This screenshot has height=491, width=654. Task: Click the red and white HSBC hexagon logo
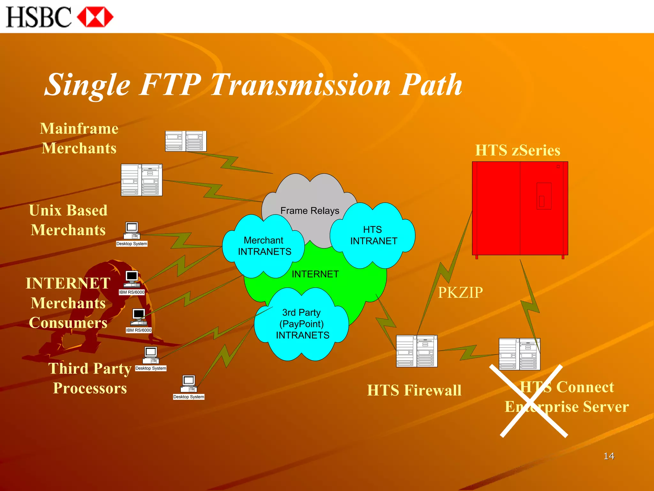95,17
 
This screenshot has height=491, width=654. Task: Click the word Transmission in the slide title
300,85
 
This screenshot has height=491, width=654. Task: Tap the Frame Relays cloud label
309,211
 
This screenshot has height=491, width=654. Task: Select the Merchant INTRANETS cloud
264,246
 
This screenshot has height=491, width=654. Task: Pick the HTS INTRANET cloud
373,235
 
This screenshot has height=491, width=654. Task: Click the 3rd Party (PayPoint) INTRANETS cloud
302,324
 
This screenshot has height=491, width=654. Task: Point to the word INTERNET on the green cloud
315,274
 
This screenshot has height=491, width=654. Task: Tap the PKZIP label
460,292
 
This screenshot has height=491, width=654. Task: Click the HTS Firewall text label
414,390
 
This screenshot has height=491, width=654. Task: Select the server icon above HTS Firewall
416,351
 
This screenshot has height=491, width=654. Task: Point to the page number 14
609,456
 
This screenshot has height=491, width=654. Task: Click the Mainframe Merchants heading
79,138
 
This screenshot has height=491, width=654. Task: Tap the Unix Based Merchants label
68,220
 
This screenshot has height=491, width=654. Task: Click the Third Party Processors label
90,378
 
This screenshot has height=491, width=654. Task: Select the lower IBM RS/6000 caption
139,330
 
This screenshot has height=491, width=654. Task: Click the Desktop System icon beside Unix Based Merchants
132,231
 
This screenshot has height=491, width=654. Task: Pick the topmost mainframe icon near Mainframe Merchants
186,141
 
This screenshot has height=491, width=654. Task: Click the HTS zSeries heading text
517,150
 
